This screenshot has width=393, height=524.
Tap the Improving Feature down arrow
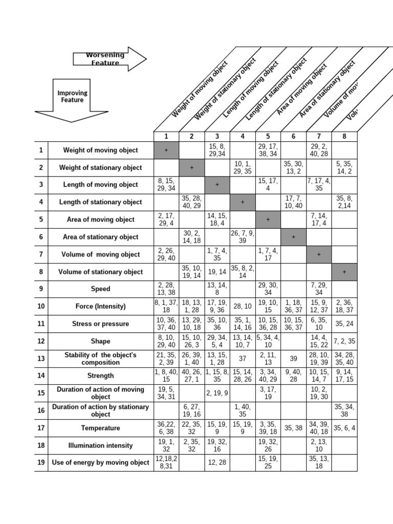(x=72, y=100)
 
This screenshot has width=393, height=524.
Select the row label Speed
(x=100, y=289)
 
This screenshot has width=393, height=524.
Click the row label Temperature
(x=100, y=428)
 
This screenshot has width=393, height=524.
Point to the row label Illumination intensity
(x=100, y=446)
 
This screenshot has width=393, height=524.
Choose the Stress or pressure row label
(x=100, y=324)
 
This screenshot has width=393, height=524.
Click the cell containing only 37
(x=243, y=359)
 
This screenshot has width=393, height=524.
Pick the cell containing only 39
(x=293, y=359)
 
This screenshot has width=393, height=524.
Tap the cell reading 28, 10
(x=243, y=307)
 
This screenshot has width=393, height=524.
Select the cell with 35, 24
(x=344, y=324)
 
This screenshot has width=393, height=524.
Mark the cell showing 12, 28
(x=217, y=463)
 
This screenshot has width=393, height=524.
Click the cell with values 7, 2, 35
(x=344, y=341)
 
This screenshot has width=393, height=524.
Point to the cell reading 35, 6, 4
(x=344, y=428)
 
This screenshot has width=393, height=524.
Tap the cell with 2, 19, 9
(x=217, y=394)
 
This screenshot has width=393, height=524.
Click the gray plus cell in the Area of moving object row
(x=268, y=220)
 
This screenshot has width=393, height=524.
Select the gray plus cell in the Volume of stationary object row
(x=344, y=272)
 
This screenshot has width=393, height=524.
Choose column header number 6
(x=293, y=136)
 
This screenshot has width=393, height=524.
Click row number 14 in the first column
(x=41, y=376)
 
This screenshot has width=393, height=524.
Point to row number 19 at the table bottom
(x=41, y=463)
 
